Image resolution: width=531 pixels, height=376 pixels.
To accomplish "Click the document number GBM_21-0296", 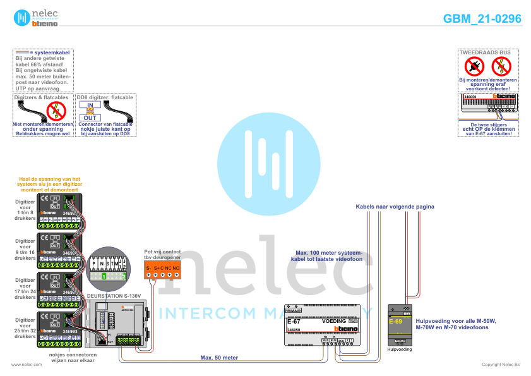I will coord(482,19).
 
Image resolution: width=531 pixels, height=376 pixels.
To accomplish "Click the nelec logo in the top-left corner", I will coord(32,18).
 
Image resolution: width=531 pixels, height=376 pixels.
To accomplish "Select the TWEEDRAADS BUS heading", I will coord(487,52).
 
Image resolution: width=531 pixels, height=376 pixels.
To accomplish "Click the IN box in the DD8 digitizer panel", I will coord(90,105).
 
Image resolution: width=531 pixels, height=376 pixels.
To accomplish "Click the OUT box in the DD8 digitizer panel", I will coord(90,118).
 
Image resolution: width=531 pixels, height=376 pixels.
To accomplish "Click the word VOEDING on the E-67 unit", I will coord(334,321).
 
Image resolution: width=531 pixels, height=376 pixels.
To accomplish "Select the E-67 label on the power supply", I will coord(294,322).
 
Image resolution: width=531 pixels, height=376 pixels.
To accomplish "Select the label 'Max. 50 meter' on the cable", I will coord(219,358).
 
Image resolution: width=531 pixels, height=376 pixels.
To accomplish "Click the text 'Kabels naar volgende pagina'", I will coord(395,207).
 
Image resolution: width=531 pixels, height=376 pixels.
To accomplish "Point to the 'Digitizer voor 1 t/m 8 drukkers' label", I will coord(25,210).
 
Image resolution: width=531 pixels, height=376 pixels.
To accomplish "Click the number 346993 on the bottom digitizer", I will coord(70,331).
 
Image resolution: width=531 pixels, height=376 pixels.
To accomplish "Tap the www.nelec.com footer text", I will coord(22,365).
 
